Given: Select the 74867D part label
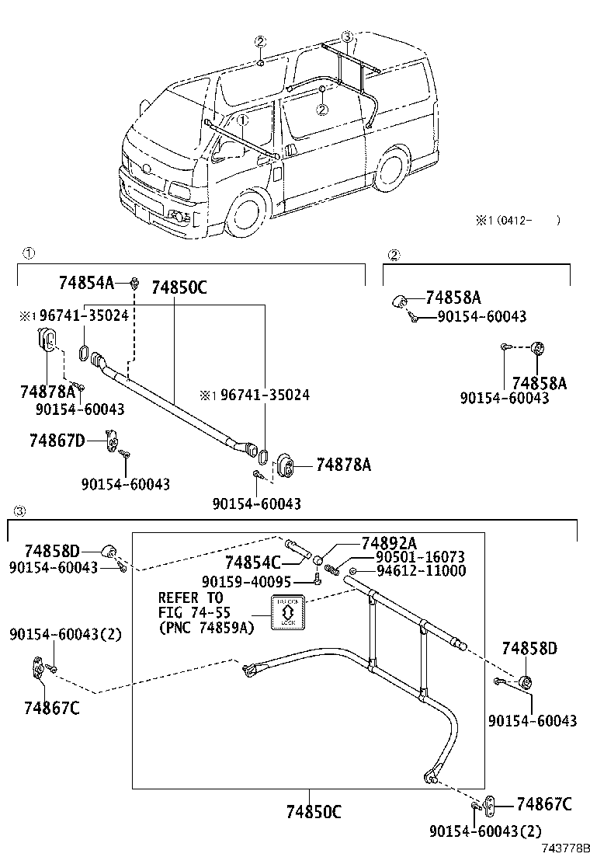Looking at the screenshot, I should (x=57, y=441).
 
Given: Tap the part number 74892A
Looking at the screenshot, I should (x=388, y=543).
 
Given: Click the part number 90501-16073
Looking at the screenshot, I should (x=420, y=557).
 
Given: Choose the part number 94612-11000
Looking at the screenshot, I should (x=420, y=571).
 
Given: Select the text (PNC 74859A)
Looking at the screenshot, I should (x=206, y=628).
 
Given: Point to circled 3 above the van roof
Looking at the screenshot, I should (x=347, y=37).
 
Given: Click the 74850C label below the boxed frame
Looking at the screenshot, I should (x=313, y=812).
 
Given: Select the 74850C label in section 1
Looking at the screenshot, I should (x=179, y=287).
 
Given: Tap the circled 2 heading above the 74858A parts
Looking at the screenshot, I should (x=394, y=255).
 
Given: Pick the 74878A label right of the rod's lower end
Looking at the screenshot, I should (x=343, y=465).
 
